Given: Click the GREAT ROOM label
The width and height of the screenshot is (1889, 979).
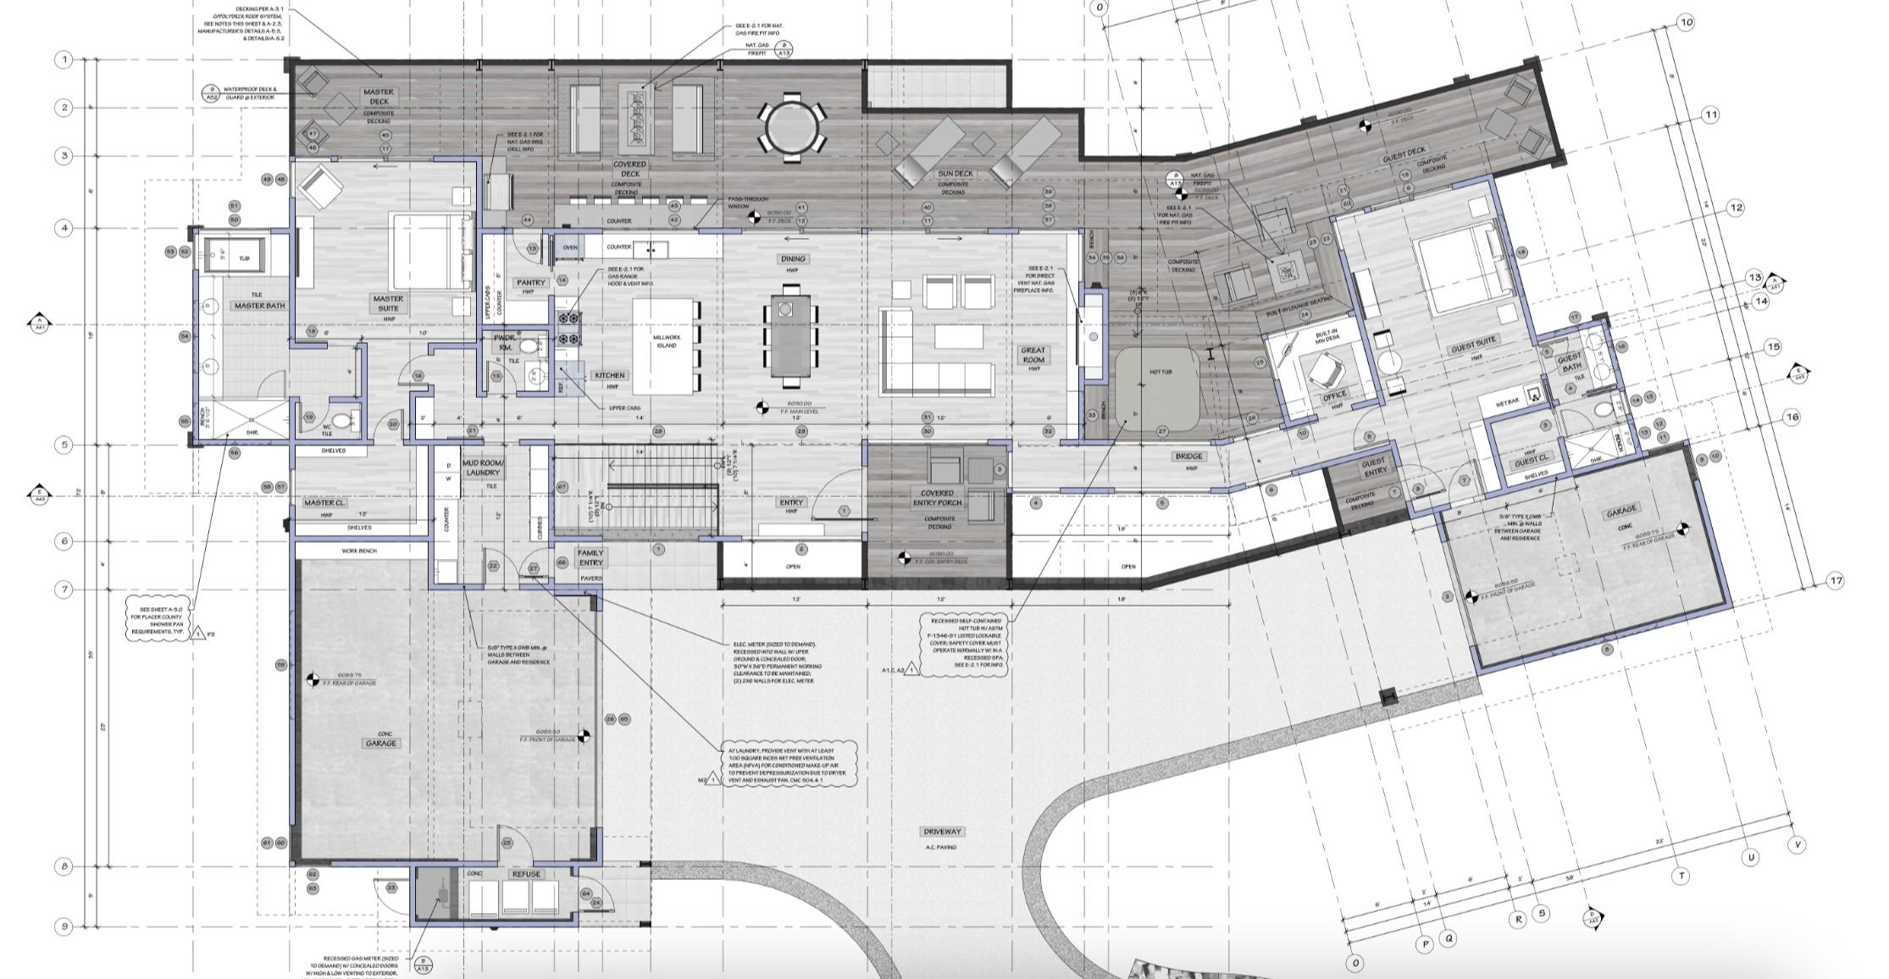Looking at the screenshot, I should pos(1033,355).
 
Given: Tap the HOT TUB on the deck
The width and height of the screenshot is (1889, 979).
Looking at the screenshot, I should pos(1158,388).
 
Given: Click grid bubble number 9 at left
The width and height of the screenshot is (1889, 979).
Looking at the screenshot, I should pos(64,926).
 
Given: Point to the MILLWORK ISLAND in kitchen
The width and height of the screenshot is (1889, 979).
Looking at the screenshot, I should pos(667,346).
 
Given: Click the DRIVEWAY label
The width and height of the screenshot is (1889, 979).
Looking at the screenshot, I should pos(943,832).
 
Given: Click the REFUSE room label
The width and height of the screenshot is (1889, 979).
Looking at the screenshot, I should pos(526,874).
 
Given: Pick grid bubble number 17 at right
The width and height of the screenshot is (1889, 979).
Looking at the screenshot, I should pos(1835,581).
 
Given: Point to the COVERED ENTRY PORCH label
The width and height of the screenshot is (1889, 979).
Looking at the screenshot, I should pos(937,497).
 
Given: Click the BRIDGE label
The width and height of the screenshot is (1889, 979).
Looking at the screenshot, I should pos(1188,456).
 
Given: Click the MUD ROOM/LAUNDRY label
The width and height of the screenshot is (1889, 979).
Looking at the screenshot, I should pos(483,467).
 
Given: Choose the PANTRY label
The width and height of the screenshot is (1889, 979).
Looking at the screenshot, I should pos(531,282).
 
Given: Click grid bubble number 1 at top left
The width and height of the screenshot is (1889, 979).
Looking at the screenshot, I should pos(64,59).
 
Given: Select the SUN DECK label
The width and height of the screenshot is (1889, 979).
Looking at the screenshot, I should pos(955,174).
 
